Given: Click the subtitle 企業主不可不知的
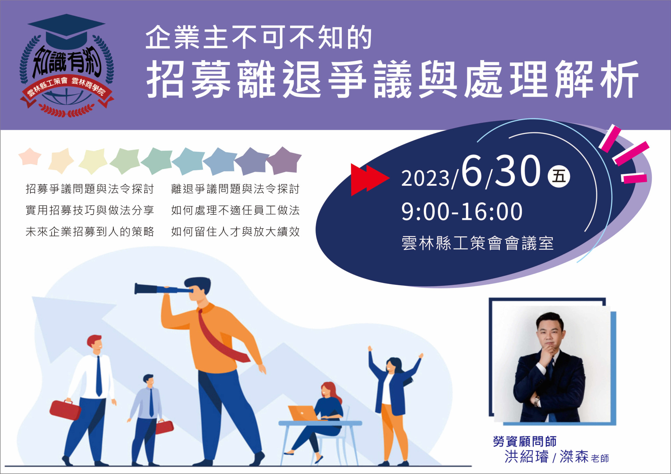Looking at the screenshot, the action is pos(259,37).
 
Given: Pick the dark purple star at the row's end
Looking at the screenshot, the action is pos(284,161).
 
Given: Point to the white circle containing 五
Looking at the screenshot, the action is pos(559,176).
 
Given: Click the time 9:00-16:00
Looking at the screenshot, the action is pos(462,212).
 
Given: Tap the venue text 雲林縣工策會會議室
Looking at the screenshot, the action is pos(477,243).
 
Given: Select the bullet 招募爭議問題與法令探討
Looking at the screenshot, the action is pos(90,189).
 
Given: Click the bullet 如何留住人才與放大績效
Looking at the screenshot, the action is pos(235,231).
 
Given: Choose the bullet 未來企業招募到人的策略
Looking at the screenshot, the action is pos(90,231).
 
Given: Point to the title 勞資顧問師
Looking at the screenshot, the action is pos(525,442).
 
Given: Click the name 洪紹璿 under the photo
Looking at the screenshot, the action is pos(527,457).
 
